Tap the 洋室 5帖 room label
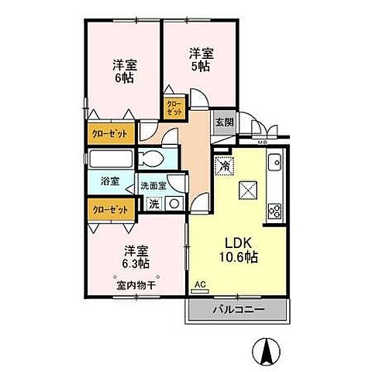200,60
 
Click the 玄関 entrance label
224,122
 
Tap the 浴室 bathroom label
110,181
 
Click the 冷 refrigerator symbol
224,164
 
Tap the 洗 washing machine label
153,205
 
